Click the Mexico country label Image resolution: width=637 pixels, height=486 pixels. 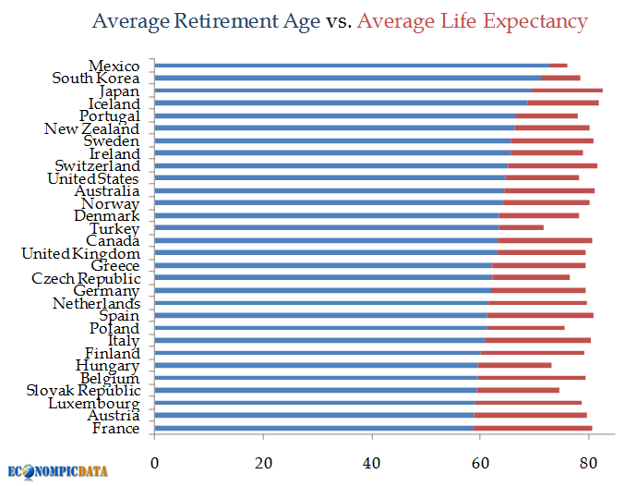pos(114,66)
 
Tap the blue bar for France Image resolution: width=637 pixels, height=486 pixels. pos(313,428)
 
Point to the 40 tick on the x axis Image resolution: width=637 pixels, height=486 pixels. pos(372,461)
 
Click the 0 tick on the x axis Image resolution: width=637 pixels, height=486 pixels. pos(154,461)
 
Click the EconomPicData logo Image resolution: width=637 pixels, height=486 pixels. pos(57,470)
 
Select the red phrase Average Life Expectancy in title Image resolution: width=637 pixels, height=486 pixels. pos(474,20)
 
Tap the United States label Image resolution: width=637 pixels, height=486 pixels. pos(93,178)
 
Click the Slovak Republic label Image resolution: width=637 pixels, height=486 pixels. pos(84,390)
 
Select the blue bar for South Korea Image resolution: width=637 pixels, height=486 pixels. pos(347,78)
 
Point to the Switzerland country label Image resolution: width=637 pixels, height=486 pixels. pos(97,165)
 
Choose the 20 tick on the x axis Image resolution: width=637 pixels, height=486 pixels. pos(263,461)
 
